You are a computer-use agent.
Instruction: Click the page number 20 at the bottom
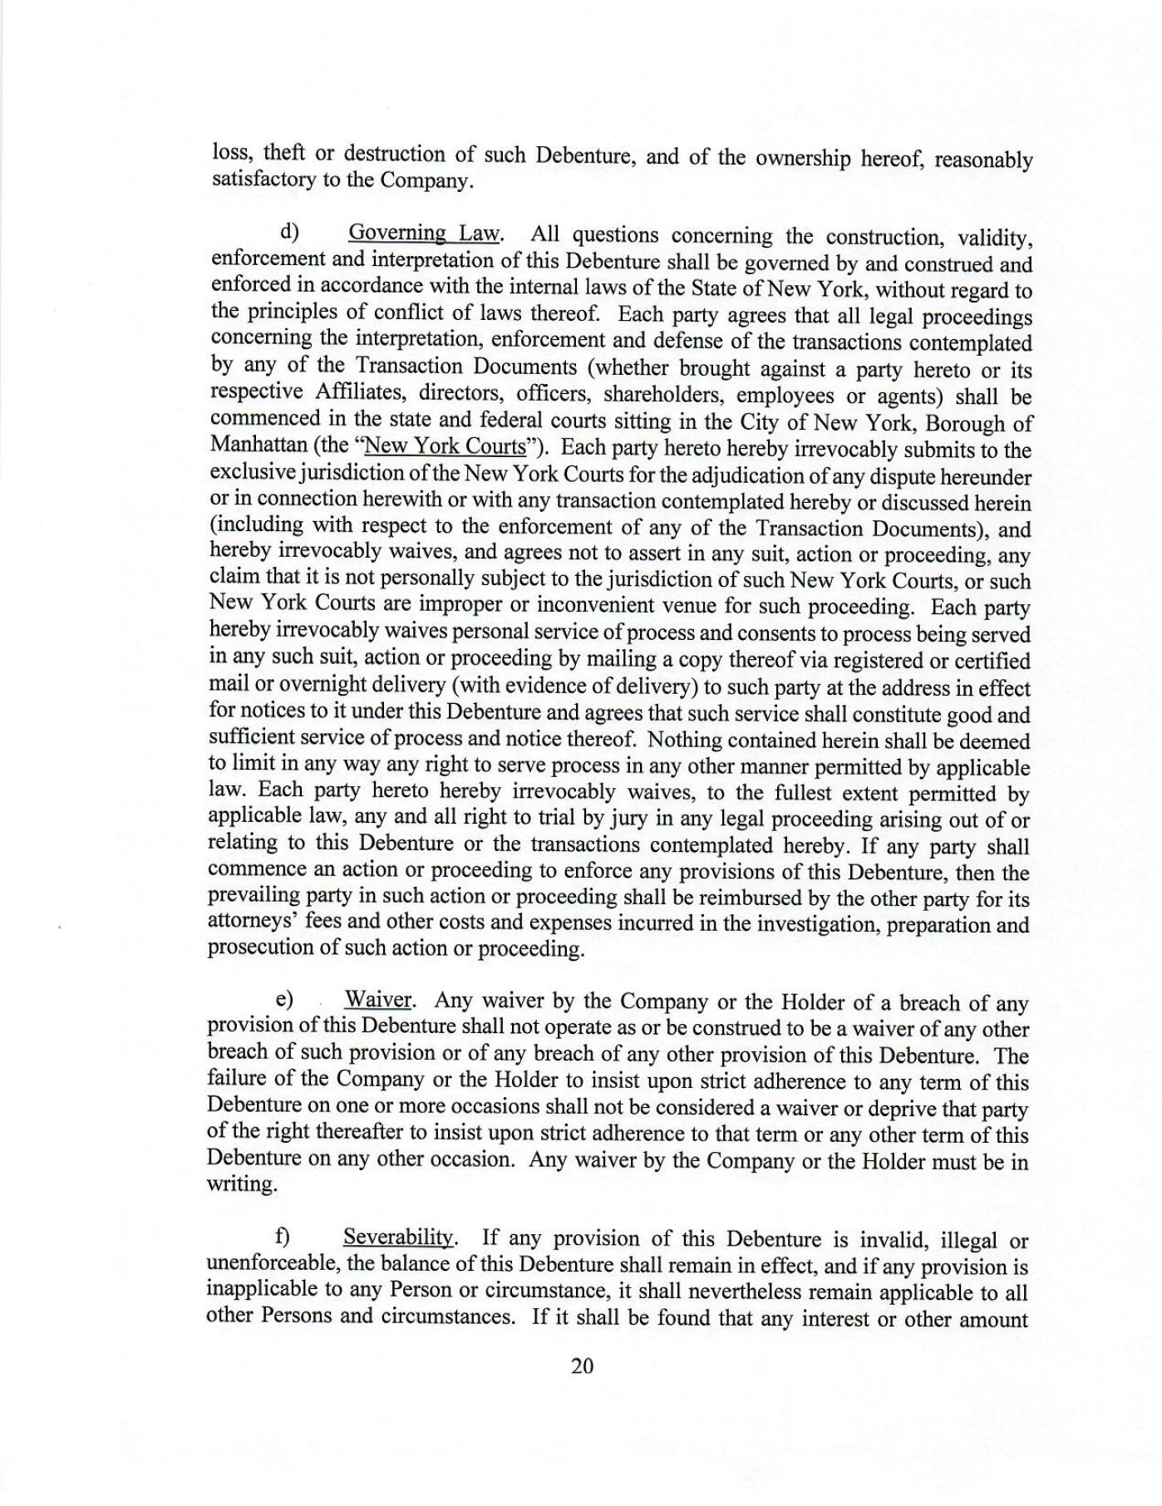click(582, 1366)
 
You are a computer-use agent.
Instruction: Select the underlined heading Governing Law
click(424, 234)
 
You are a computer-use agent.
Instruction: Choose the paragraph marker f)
click(282, 1237)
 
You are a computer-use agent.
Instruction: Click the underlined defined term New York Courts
click(446, 446)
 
